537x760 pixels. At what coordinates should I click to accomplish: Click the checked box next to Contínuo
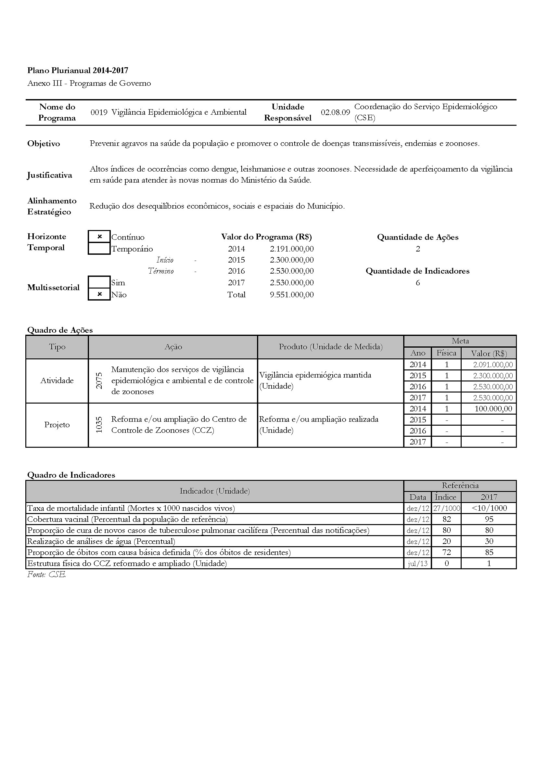click(x=99, y=237)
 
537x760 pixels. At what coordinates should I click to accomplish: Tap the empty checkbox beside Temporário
click(x=99, y=249)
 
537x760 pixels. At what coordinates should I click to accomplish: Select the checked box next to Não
click(x=99, y=294)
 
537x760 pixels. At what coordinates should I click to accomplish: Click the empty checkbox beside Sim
click(x=99, y=282)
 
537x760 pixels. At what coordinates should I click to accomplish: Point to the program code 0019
click(x=99, y=112)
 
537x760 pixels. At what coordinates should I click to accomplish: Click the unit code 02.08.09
click(x=335, y=112)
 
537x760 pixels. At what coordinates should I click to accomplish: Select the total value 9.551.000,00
click(x=291, y=295)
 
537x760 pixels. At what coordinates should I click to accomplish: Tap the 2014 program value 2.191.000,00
click(x=291, y=249)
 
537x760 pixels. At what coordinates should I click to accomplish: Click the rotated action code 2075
click(x=99, y=381)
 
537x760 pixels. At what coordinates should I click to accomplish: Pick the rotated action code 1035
click(x=99, y=425)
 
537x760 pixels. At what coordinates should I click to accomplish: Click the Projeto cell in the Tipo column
click(x=57, y=425)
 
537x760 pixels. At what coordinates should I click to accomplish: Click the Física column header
click(x=446, y=353)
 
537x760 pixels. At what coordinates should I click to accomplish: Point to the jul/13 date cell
click(x=417, y=563)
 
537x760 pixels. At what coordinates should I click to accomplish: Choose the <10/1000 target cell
click(x=489, y=508)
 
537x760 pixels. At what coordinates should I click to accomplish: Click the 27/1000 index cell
click(x=446, y=508)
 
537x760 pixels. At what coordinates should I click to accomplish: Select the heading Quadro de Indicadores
click(x=71, y=475)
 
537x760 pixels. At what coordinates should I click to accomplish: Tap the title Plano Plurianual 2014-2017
click(x=78, y=70)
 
